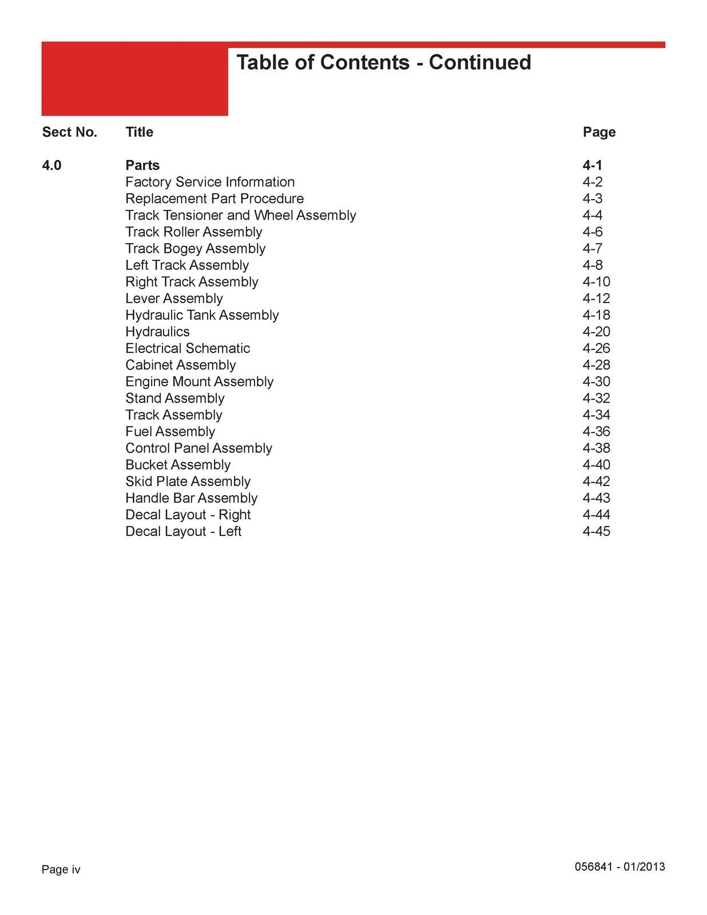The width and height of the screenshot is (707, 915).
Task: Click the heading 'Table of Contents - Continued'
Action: (x=383, y=62)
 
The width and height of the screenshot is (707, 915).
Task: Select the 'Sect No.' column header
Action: (x=70, y=132)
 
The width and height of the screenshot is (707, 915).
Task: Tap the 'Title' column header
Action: (x=140, y=132)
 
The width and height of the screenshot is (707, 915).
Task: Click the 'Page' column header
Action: (x=599, y=132)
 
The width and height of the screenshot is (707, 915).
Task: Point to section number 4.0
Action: (x=52, y=165)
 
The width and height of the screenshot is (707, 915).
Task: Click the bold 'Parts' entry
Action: (x=142, y=165)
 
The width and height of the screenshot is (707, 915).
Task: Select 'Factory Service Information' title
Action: (x=210, y=182)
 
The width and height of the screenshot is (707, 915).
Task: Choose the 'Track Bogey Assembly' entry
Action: (x=196, y=248)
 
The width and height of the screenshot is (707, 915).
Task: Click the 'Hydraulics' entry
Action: (x=157, y=332)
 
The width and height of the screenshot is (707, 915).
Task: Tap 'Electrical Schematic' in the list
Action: (x=188, y=348)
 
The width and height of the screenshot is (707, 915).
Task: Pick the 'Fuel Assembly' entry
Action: (x=170, y=431)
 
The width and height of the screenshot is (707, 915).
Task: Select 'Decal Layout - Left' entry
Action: (x=184, y=531)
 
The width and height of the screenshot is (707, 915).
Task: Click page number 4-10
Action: (x=596, y=282)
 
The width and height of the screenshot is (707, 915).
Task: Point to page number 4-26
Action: (x=596, y=348)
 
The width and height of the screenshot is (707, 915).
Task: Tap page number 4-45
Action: (x=596, y=531)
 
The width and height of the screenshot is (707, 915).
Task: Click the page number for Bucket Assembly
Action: (x=596, y=465)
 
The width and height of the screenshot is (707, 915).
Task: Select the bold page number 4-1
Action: (x=593, y=165)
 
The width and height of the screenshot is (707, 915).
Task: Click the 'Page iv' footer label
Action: (x=61, y=870)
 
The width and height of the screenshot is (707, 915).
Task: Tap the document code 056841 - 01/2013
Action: (x=619, y=866)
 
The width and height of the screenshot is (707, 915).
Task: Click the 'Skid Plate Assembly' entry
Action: (x=188, y=482)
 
